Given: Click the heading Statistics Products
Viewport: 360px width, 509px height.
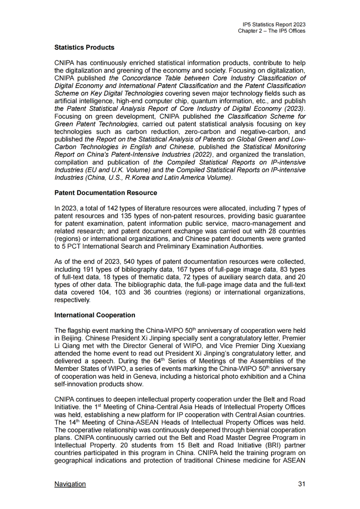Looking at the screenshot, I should (x=84, y=47).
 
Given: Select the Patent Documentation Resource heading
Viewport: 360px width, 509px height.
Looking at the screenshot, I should (x=106, y=193).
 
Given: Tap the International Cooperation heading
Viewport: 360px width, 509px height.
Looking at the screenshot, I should (x=95, y=315).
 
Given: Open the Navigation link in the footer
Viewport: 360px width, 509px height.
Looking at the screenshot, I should (x=70, y=484).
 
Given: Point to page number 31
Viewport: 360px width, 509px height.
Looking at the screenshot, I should (x=302, y=484).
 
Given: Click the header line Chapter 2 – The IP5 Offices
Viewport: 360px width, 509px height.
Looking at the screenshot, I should (x=271, y=31).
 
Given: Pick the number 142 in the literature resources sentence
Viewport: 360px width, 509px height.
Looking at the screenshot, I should (x=112, y=208).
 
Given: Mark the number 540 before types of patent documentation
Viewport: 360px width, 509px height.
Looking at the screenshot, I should (x=129, y=262).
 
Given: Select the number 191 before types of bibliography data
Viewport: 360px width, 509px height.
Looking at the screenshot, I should (x=88, y=269).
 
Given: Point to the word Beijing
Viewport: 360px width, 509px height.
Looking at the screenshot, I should (x=72, y=338).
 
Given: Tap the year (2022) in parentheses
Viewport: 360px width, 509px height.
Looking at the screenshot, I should (x=202, y=155).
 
